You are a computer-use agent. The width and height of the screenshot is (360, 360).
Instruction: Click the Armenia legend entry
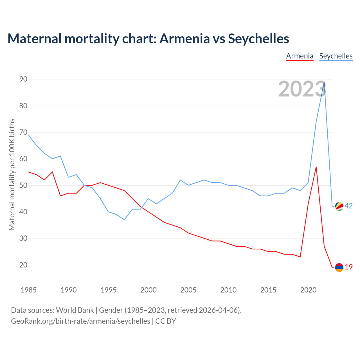[300, 56]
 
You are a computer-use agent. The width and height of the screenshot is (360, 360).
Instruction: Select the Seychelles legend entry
[336, 56]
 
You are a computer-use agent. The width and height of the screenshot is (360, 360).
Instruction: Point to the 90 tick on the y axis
[23, 79]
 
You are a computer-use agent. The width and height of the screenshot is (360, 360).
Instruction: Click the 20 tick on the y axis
[23, 265]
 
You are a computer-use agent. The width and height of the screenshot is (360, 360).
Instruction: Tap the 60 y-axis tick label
[23, 159]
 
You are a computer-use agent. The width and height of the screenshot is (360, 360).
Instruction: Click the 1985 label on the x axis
[29, 290]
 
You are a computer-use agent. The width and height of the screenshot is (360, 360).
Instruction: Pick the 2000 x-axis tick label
[148, 290]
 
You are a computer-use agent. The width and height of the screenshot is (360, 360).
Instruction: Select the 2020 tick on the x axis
[308, 290]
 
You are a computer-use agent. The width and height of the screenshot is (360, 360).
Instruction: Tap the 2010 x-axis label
[228, 290]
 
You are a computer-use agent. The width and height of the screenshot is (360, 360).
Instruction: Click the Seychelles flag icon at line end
[339, 206]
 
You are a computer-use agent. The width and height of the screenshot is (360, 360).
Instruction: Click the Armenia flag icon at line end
[339, 267]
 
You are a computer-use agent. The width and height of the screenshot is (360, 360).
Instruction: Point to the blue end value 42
[348, 206]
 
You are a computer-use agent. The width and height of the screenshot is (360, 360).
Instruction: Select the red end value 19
[349, 267]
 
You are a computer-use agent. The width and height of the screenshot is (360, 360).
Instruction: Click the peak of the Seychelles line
[324, 82]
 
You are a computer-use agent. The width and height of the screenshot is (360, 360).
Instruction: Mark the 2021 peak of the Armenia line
[316, 167]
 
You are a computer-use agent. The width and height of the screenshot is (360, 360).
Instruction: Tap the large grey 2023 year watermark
[302, 89]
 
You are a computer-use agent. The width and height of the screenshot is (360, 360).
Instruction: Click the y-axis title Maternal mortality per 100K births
[12, 174]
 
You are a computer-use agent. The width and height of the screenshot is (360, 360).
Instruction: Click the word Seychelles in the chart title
[258, 39]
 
